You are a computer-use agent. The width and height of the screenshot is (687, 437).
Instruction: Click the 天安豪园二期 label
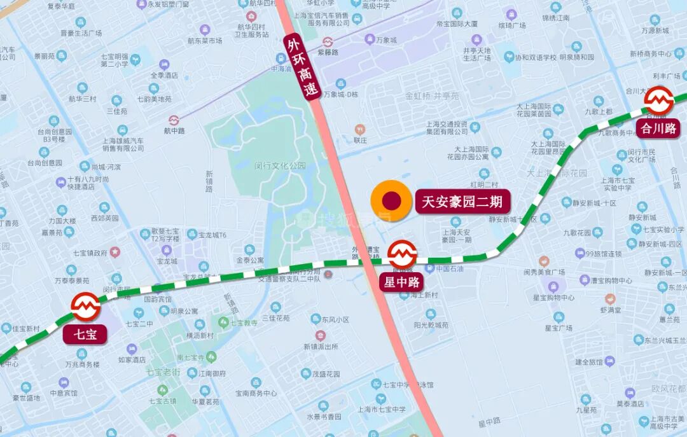(x=463, y=202)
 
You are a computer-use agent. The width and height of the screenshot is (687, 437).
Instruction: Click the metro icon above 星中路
(x=403, y=254)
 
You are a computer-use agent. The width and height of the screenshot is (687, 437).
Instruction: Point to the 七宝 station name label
(x=85, y=334)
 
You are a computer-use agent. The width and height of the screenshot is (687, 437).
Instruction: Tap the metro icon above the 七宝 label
(x=85, y=307)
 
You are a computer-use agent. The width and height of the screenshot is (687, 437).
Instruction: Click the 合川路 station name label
(x=658, y=128)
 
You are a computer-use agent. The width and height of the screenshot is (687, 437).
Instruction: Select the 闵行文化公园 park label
(x=280, y=165)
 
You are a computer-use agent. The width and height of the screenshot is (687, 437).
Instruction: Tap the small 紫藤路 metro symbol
(x=328, y=43)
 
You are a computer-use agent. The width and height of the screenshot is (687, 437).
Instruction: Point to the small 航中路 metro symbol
(x=174, y=120)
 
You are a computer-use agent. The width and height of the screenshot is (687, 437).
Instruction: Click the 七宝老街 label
(x=163, y=371)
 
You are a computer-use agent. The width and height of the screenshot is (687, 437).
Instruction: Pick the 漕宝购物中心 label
(x=609, y=280)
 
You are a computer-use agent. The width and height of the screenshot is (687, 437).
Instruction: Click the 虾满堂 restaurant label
(x=610, y=310)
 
